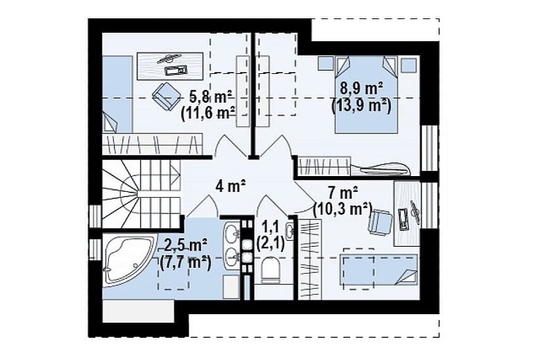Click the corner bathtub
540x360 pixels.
[126, 259]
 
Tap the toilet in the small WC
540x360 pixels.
[272, 271]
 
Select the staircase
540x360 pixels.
[141, 194]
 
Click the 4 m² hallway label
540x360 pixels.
[230, 186]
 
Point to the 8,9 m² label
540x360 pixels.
[362, 89]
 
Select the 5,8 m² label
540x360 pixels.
[211, 97]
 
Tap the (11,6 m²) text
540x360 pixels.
[208, 113]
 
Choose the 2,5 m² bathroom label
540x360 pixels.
[186, 245]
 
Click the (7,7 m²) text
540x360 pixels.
[185, 263]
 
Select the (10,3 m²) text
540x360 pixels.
[343, 209]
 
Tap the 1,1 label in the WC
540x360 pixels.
[270, 228]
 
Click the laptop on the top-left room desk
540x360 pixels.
[175, 70]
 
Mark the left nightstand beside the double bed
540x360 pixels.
[325, 63]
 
